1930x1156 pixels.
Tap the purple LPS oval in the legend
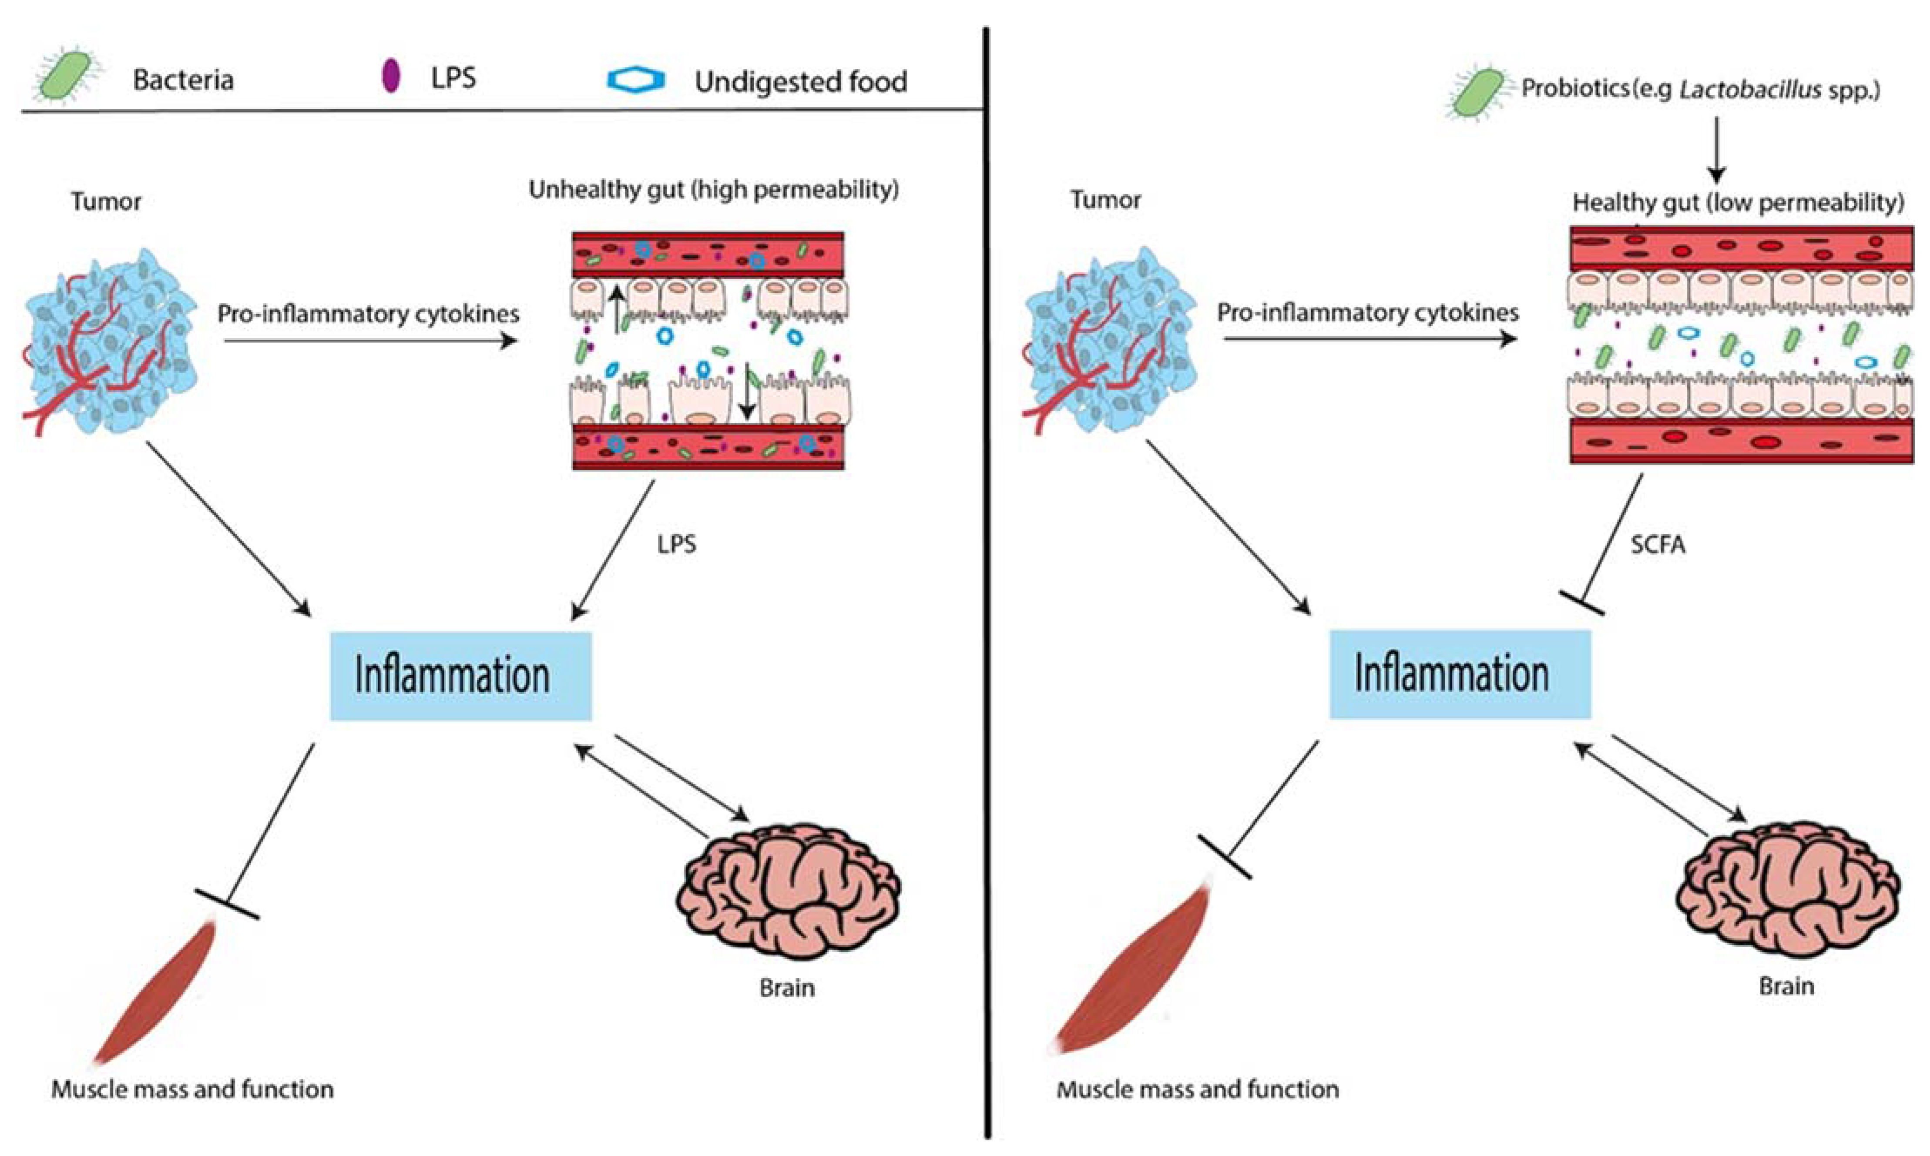(391, 76)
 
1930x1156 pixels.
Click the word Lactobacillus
(1749, 90)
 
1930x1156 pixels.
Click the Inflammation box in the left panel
(460, 675)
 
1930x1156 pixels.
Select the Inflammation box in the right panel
(1460, 674)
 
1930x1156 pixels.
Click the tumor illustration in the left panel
(109, 341)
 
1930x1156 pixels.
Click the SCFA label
(1657, 545)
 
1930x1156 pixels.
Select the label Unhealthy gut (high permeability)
(713, 189)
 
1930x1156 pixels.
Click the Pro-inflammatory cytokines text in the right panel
(1367, 312)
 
